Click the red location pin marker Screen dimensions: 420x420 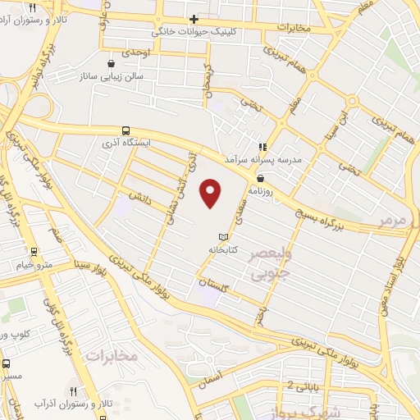[x=212, y=194]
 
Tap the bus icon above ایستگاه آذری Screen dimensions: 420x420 [x=126, y=130]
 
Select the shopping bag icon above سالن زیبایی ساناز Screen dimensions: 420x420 [x=112, y=63]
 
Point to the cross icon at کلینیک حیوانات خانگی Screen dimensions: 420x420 [x=194, y=19]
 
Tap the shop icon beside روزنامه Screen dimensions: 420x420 [x=260, y=176]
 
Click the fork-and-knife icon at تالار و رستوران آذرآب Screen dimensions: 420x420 [x=74, y=392]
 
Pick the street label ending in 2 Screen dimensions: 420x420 [x=279, y=384]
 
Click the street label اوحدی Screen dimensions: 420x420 [x=135, y=51]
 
